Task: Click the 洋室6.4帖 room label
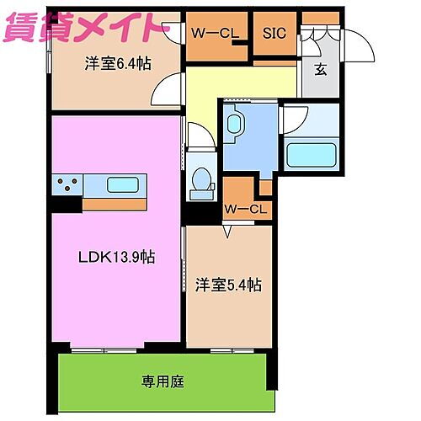tap(116, 64)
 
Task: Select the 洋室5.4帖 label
tap(229, 285)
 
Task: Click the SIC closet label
tap(274, 34)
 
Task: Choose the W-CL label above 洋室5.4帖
tap(247, 209)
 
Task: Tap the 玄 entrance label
tap(321, 71)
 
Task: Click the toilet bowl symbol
tap(201, 179)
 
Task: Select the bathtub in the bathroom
tap(311, 154)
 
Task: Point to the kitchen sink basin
tap(123, 185)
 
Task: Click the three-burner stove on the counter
tap(68, 185)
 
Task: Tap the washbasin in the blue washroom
tap(235, 125)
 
